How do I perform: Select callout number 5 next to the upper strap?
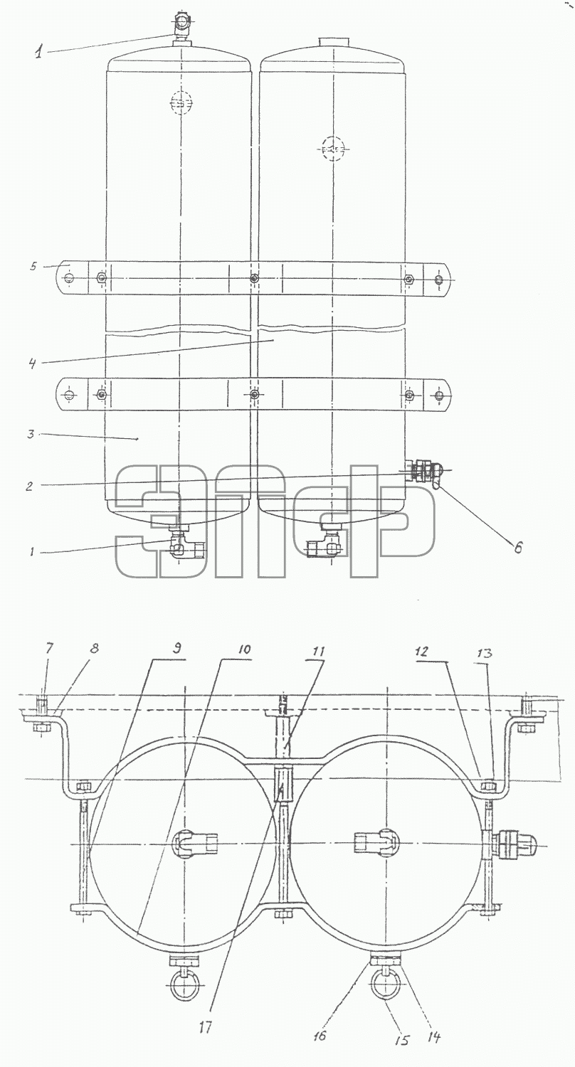33,265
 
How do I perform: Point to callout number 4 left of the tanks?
32,364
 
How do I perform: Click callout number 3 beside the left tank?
31,434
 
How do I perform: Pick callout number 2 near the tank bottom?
30,487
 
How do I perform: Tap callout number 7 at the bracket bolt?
50,648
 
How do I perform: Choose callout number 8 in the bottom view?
95,648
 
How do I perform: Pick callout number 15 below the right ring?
403,1039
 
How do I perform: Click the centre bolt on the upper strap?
255,277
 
